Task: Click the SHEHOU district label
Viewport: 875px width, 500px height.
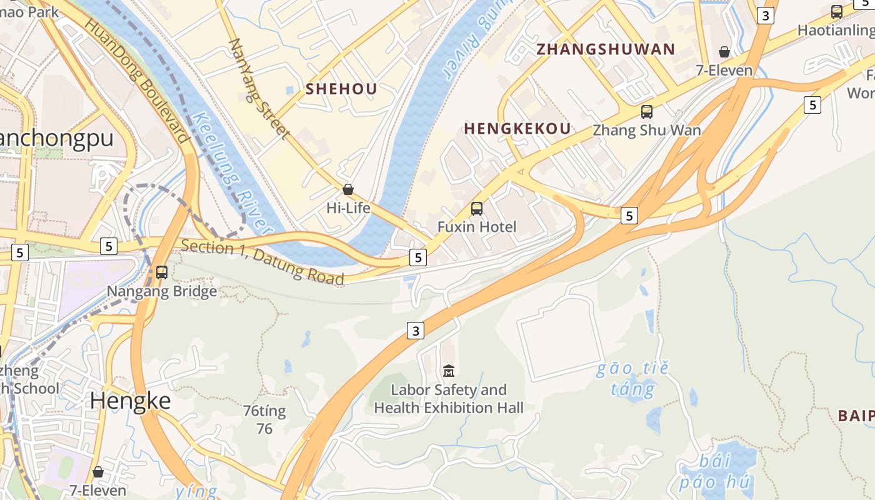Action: point(341,89)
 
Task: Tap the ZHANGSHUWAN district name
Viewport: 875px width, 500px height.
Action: point(606,49)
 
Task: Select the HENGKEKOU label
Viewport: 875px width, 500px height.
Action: point(517,129)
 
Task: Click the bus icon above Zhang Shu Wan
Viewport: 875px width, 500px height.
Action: point(647,112)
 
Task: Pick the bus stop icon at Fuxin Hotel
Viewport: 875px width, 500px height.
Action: point(477,208)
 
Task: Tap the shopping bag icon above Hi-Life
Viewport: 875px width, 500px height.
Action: point(348,189)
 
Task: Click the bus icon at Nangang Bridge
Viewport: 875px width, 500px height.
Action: point(162,272)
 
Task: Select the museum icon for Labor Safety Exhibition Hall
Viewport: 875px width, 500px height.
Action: point(448,371)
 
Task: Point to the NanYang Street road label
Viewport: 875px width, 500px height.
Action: point(259,89)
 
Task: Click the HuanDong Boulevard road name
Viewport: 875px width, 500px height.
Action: point(136,80)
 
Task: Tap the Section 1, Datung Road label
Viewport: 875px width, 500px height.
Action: point(262,261)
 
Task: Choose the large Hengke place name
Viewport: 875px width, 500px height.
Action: point(130,401)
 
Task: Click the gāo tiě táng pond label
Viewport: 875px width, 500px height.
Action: point(632,379)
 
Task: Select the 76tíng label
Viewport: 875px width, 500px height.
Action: point(264,411)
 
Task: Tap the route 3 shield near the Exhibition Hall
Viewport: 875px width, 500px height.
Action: point(416,330)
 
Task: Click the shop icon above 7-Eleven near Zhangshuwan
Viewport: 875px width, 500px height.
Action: point(724,51)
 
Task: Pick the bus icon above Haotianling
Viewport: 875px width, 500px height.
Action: point(837,11)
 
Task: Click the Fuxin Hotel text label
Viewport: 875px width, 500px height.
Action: point(477,226)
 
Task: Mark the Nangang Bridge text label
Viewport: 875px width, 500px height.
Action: point(162,291)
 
